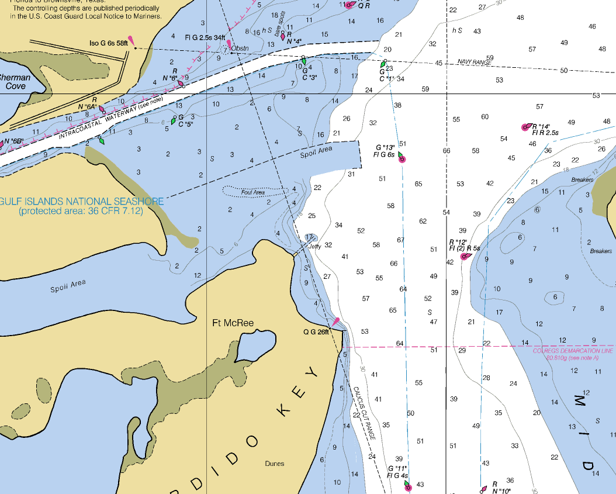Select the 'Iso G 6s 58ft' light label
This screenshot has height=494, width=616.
pyautogui.click(x=108, y=43)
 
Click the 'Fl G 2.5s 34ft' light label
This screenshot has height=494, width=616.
pyautogui.click(x=205, y=37)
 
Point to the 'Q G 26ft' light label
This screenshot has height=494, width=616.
pyautogui.click(x=316, y=331)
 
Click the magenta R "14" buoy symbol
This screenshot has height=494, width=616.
pyautogui.click(x=525, y=127)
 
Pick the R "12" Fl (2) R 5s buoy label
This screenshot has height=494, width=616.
pyautogui.click(x=464, y=245)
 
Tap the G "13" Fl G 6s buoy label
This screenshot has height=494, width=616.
pyautogui.click(x=385, y=151)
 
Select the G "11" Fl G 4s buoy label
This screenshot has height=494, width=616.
pyautogui.click(x=397, y=472)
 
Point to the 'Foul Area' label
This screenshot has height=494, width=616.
pyautogui.click(x=253, y=192)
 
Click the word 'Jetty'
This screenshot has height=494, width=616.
pyautogui.click(x=314, y=246)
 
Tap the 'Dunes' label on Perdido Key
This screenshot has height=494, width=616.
pyautogui.click(x=274, y=464)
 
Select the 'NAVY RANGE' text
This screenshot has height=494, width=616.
pyautogui.click(x=474, y=61)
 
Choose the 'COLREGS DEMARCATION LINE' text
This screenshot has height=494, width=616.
pyautogui.click(x=573, y=351)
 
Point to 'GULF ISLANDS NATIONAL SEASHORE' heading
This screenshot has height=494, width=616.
pyautogui.click(x=81, y=201)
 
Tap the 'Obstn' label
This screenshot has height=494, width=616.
pyautogui.click(x=240, y=48)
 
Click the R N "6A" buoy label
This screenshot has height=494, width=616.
pyautogui.click(x=87, y=103)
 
